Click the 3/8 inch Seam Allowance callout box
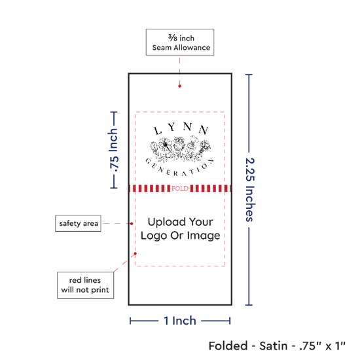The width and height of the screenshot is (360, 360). [x=180, y=43]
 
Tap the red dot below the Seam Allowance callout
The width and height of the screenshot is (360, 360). [x=180, y=86]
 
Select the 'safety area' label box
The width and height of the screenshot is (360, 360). [x=78, y=223]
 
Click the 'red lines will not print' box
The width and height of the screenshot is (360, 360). [x=85, y=285]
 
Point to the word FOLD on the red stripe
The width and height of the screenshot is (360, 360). [x=180, y=189]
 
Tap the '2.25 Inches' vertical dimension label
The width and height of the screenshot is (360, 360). [x=250, y=190]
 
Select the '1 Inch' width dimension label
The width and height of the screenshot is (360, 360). [x=180, y=321]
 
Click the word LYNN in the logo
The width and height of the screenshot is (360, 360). [x=181, y=128]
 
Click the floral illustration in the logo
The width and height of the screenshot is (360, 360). [x=181, y=148]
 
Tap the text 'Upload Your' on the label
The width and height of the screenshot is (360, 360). [x=181, y=222]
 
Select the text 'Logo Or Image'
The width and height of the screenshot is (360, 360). [x=181, y=236]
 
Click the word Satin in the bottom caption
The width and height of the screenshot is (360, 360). [x=274, y=346]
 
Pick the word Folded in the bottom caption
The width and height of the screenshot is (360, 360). [x=228, y=346]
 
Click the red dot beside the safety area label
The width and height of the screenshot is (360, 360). [x=132, y=224]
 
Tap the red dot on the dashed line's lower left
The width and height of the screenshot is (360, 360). [x=135, y=254]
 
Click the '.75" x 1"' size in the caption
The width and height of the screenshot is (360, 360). [x=322, y=346]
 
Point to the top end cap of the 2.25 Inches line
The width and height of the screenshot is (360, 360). [x=249, y=75]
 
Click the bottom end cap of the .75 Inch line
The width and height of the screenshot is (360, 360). [x=114, y=188]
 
